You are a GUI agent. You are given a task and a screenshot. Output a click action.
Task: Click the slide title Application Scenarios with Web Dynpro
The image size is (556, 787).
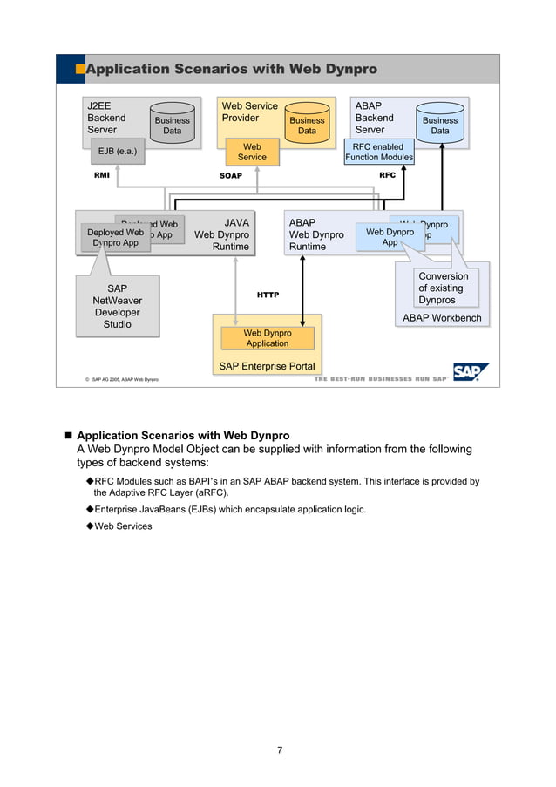(231, 69)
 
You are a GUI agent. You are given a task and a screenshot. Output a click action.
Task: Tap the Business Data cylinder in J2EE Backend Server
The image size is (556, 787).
(172, 126)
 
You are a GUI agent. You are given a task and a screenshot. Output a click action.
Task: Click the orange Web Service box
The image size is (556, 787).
(252, 152)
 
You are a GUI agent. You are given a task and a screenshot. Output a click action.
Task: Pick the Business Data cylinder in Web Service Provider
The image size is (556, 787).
(307, 126)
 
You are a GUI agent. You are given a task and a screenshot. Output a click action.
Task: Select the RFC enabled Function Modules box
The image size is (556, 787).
(379, 153)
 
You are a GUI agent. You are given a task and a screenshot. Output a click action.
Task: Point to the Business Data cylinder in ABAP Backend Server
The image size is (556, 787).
(440, 126)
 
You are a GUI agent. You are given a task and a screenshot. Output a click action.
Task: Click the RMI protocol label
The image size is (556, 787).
(102, 175)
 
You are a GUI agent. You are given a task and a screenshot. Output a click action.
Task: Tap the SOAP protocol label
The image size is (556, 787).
(230, 176)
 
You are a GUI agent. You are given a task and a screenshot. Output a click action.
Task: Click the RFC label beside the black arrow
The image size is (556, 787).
(388, 175)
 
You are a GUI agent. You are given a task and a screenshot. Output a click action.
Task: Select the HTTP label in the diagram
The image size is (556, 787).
(268, 295)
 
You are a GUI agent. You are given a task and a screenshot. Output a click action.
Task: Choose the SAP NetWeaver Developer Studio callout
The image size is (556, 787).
(117, 306)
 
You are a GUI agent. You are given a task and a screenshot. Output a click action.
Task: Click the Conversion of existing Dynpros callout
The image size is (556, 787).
(443, 288)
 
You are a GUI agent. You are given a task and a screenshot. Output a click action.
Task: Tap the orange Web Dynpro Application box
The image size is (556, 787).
(267, 338)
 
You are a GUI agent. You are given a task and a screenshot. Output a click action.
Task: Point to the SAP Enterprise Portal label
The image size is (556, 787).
(267, 366)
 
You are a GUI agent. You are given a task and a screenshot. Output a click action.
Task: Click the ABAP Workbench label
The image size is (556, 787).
(441, 318)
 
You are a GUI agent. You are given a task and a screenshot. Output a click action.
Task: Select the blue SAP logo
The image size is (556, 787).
(471, 372)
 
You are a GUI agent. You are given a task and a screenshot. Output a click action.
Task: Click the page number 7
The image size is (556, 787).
(279, 750)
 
